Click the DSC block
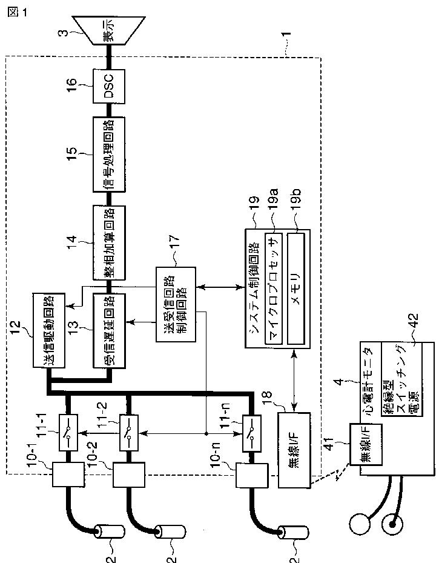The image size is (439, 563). (x=109, y=86)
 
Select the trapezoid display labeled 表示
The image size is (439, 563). (x=109, y=30)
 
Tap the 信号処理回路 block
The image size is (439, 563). (x=109, y=154)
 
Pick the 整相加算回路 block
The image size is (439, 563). (x=109, y=243)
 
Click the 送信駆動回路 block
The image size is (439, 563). (x=49, y=330)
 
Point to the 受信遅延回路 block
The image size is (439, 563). (x=109, y=331)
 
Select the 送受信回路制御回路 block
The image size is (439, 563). (x=176, y=304)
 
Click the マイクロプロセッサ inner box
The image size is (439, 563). (x=274, y=288)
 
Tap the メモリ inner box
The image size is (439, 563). (x=295, y=288)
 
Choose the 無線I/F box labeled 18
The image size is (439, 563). (x=294, y=450)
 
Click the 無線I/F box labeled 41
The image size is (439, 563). (x=366, y=444)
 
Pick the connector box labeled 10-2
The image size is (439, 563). (x=129, y=475)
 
